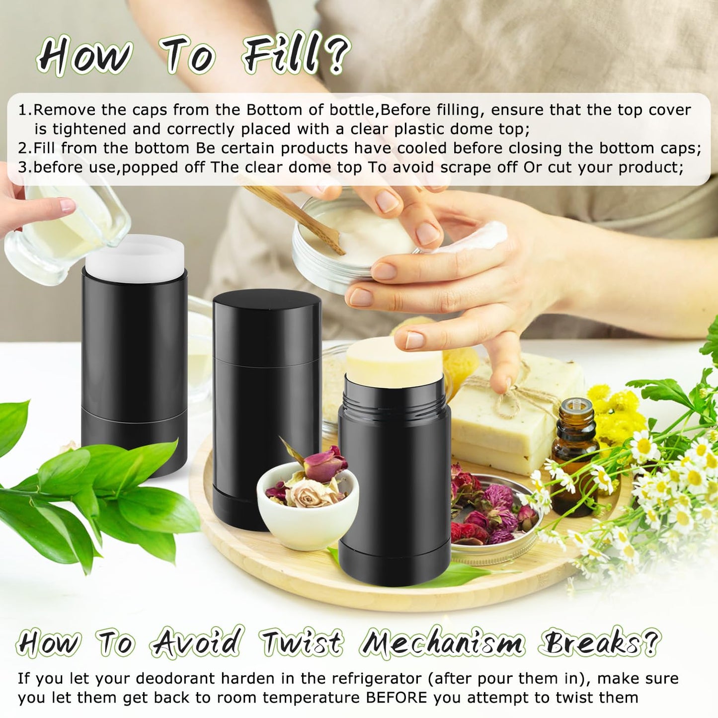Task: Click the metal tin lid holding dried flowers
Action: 495,518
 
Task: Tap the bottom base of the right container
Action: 395,564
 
